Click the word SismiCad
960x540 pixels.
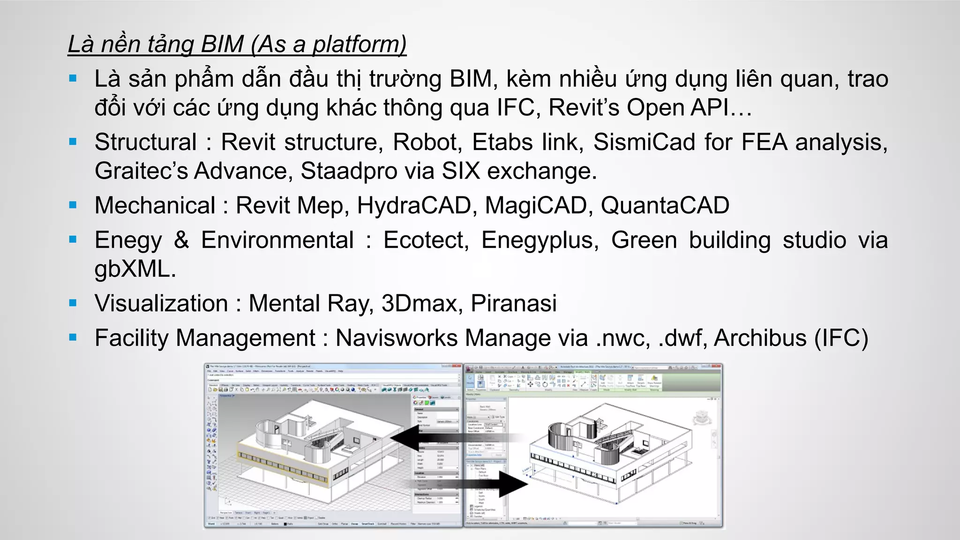[644, 142]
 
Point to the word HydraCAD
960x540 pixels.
[414, 206]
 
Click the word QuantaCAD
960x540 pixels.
[665, 206]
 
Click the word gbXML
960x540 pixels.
[135, 269]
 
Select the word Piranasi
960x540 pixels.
[513, 303]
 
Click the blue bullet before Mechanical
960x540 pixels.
[73, 205]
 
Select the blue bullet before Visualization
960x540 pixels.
[73, 303]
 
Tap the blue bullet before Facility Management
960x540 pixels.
[73, 337]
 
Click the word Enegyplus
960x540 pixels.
[540, 240]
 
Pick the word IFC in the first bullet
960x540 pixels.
[516, 108]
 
